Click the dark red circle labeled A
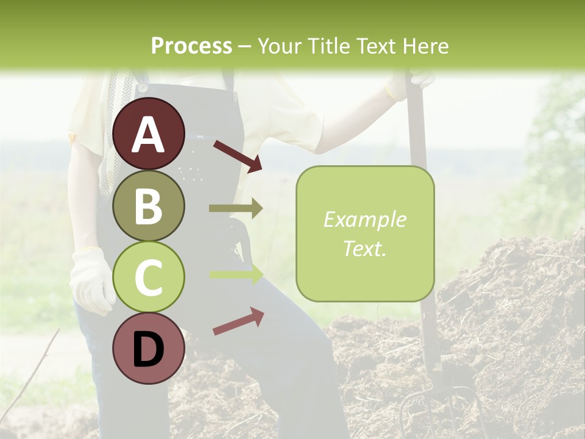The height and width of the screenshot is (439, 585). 149,134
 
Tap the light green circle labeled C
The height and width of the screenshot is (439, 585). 149,277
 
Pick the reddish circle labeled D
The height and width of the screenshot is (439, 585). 149,348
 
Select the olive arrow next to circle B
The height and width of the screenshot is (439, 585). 236,209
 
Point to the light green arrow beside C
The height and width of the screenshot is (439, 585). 236,274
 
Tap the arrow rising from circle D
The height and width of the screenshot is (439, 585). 238,321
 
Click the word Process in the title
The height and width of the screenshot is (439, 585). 191,46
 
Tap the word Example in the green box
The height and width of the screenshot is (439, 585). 364,220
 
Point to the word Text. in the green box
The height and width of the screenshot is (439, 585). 364,248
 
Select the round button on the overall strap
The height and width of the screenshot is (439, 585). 143,87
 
